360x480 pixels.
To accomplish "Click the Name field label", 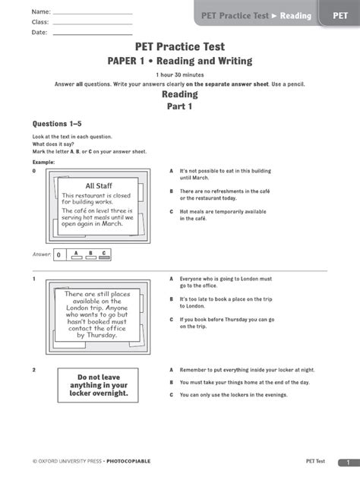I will pyautogui.click(x=41, y=13).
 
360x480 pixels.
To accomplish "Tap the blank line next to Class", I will pyautogui.click(x=95, y=23).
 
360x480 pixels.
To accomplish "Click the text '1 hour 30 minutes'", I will pyautogui.click(x=179, y=75).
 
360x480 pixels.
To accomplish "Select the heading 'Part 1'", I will pyautogui.click(x=179, y=107).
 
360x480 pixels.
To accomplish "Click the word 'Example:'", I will pyautogui.click(x=43, y=162).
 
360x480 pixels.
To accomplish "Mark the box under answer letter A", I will pyautogui.click(x=75, y=258).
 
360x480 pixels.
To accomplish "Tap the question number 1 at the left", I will pyautogui.click(x=34, y=280).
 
